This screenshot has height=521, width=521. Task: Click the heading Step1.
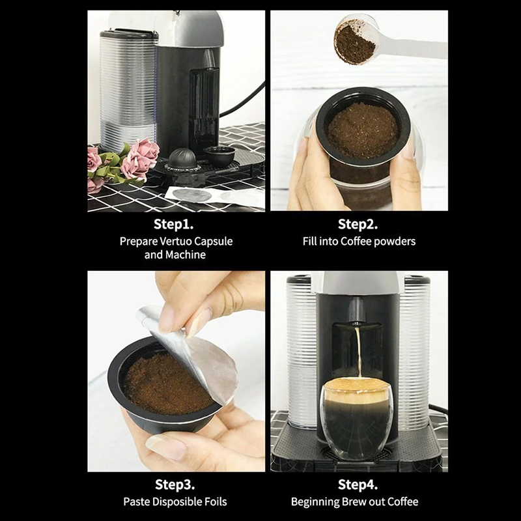pos(173,224)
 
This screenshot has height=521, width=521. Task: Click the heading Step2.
pos(358,224)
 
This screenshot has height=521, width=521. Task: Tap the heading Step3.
pos(175,485)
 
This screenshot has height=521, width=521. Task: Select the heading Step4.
pos(358,485)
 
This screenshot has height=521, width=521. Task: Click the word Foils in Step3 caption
pos(216,501)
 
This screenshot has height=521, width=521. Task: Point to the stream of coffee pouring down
pos(358,352)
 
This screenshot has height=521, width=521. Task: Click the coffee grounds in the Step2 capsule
pos(362,130)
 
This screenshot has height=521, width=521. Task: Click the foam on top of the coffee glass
pos(356,387)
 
